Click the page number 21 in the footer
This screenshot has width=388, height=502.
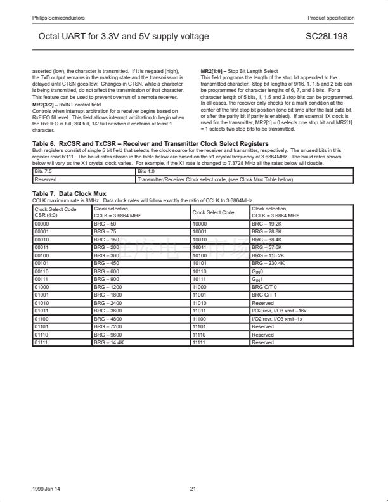coord(193,488)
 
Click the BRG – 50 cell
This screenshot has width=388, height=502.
coord(105,223)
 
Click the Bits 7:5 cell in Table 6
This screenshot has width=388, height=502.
coord(44,171)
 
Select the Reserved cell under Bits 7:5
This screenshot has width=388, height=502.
coord(45,179)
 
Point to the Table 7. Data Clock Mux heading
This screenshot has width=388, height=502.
coord(69,193)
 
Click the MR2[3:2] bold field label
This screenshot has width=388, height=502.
coord(45,103)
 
